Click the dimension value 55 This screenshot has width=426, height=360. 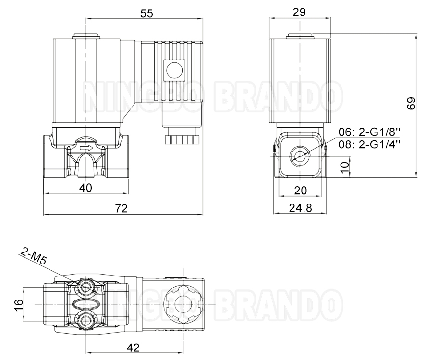[x=146, y=14]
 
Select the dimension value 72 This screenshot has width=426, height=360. [x=122, y=208]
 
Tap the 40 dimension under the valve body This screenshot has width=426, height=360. [x=85, y=188]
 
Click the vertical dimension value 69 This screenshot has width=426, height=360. [x=411, y=104]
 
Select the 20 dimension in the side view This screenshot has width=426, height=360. [x=300, y=191]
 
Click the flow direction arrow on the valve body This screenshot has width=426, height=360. [x=86, y=149]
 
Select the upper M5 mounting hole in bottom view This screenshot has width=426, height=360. [x=86, y=287]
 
